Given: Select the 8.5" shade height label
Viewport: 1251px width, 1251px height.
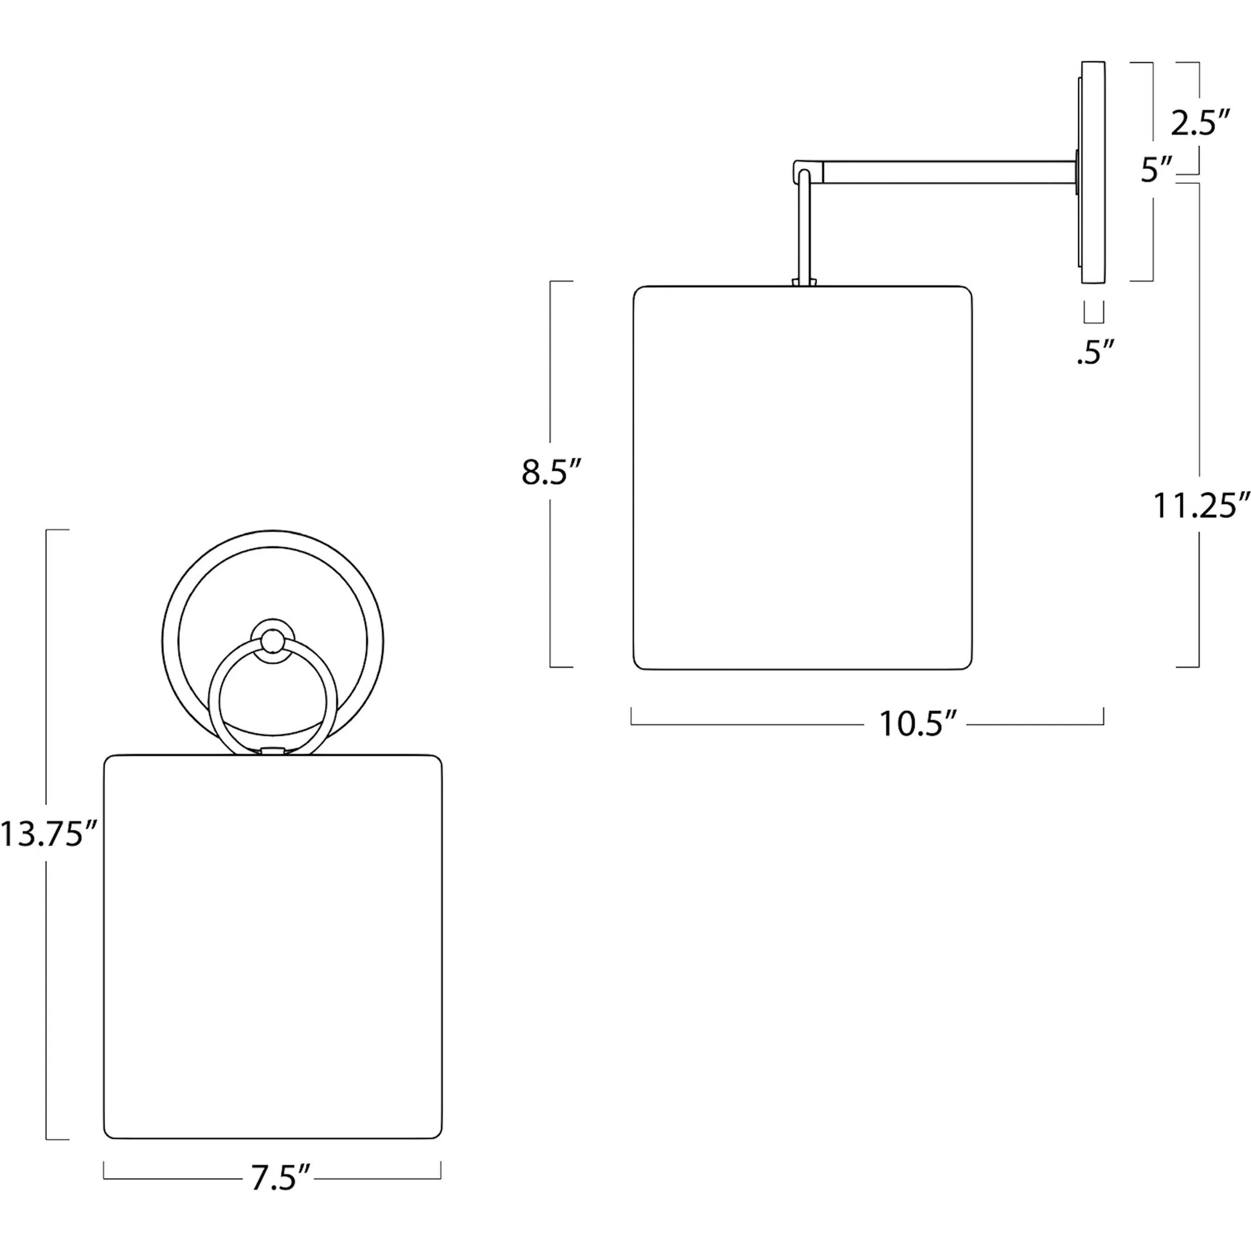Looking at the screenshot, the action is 552,473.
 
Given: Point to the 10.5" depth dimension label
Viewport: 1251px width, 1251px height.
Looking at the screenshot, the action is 917,724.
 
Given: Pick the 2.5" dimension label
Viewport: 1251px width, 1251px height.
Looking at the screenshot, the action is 1200,122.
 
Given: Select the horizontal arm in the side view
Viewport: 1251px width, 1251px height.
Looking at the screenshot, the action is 949,172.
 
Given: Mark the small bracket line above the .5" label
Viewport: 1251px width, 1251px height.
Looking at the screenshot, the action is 1094,312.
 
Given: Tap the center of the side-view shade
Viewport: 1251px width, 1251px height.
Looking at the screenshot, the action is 803,477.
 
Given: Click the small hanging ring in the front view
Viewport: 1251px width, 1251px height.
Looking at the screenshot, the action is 273,697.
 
